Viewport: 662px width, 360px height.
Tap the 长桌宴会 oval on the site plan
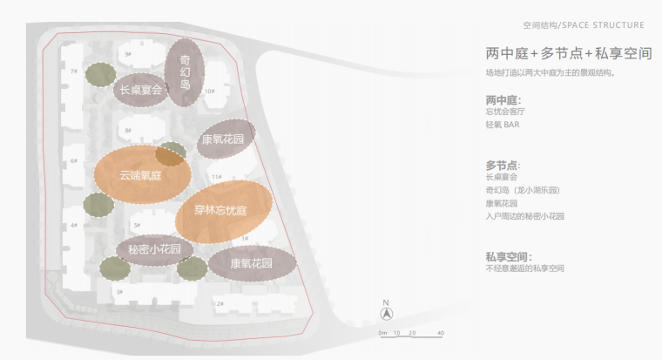click(x=139, y=89)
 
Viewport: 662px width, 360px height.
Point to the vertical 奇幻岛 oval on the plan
click(x=185, y=71)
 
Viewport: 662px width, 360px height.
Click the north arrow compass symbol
click(x=386, y=314)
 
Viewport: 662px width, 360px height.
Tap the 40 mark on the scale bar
click(x=441, y=333)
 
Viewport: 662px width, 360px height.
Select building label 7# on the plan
click(x=76, y=71)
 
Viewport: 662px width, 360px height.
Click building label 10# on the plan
click(x=209, y=91)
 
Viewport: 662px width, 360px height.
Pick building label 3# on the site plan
click(x=119, y=292)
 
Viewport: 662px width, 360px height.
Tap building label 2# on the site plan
click(x=220, y=303)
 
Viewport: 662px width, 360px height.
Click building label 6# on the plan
click(x=74, y=161)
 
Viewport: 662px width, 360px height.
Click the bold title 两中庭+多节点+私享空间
click(x=569, y=54)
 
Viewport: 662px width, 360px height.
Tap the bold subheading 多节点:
click(x=503, y=165)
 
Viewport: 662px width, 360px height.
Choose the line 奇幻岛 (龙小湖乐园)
click(x=522, y=189)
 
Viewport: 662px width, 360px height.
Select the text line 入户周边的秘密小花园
click(x=525, y=216)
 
